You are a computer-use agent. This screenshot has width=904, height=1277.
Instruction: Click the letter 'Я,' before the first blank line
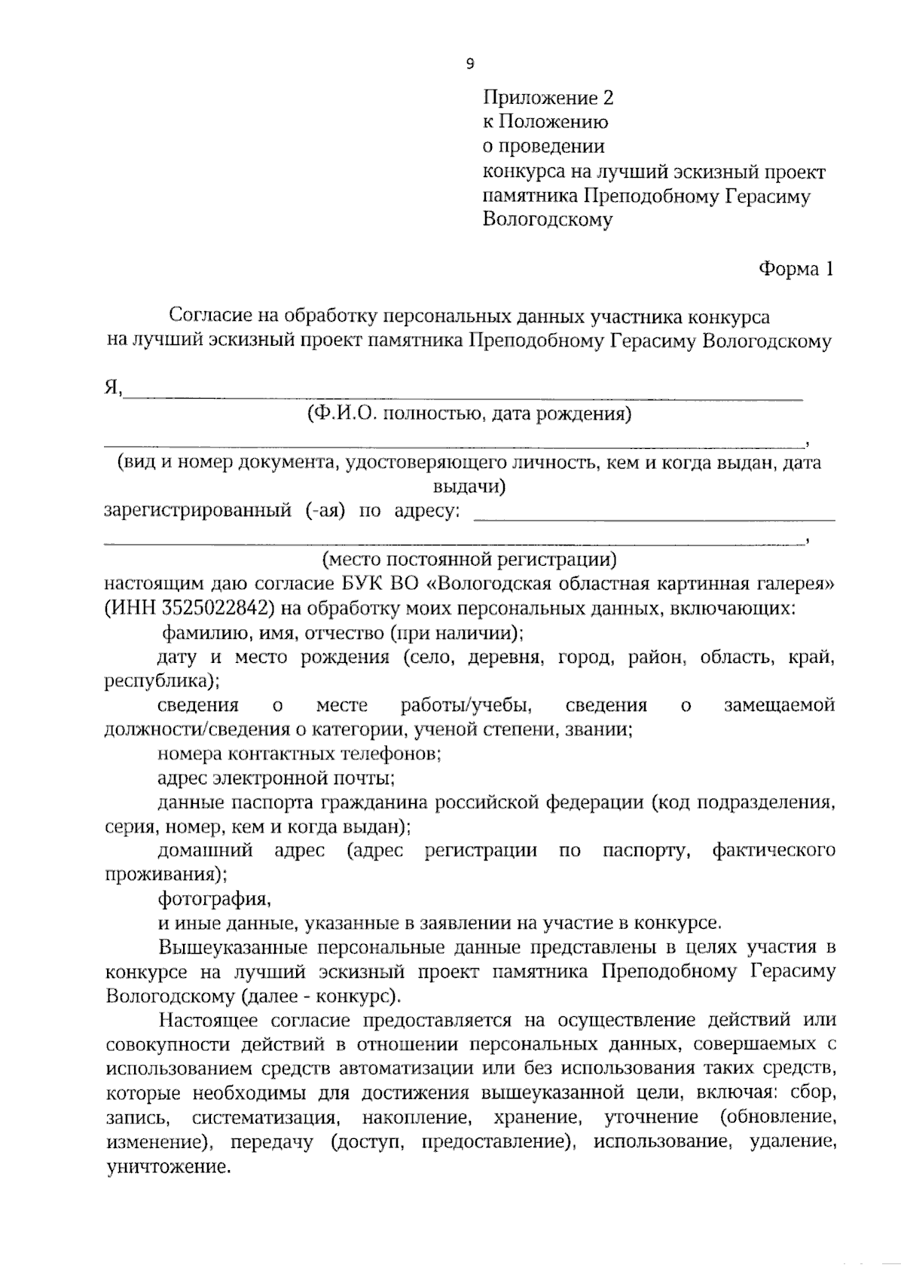(x=114, y=389)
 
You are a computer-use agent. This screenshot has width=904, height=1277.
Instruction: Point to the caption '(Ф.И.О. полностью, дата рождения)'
(x=469, y=414)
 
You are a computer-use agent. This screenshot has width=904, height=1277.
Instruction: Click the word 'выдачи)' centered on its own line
(x=469, y=487)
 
